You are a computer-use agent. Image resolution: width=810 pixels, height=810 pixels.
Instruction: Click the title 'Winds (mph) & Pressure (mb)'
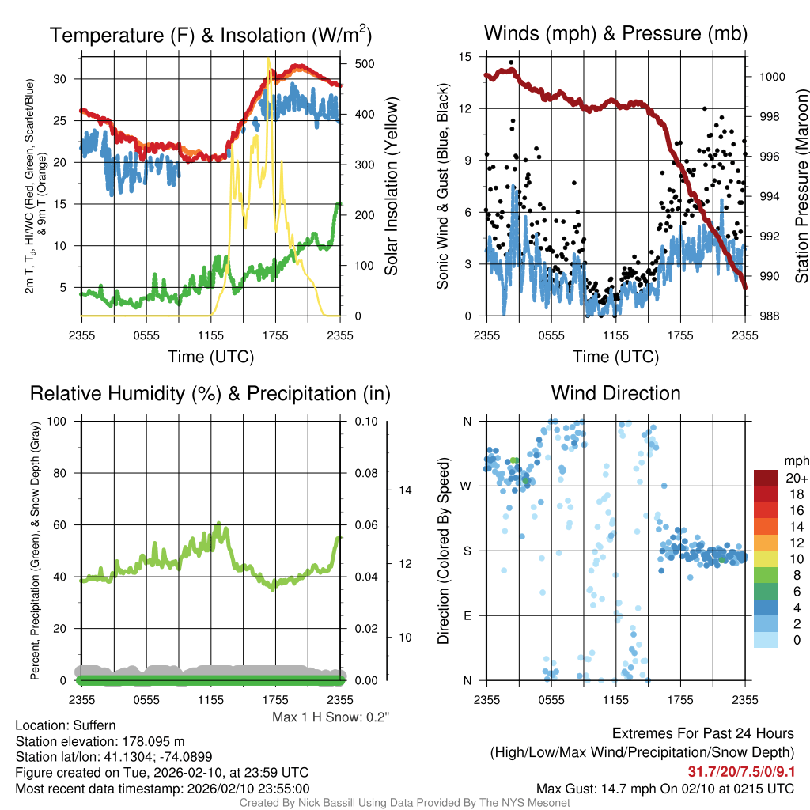coord(615,34)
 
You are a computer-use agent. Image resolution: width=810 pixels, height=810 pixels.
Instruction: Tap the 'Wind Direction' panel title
coord(615,393)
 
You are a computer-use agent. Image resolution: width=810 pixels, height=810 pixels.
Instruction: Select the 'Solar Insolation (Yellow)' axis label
coord(392,187)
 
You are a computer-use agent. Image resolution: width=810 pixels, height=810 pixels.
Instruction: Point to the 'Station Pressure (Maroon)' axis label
coord(801,187)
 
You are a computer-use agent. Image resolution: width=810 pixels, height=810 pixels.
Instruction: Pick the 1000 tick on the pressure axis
coord(770,77)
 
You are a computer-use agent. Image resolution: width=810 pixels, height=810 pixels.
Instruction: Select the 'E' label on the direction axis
coord(468,615)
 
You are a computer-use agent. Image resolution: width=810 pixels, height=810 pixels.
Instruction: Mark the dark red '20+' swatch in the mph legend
coord(766,478)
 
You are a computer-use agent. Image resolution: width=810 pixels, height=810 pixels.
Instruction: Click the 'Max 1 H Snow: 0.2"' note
coord(331,717)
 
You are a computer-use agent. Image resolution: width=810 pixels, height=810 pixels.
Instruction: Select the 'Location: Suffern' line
coord(66,725)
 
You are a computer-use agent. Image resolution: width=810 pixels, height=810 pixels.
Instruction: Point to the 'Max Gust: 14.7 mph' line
coord(665,788)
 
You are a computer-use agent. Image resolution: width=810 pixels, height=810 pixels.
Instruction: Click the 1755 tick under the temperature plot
coord(275,335)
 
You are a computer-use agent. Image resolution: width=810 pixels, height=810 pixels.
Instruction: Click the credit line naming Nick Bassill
coord(404,803)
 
